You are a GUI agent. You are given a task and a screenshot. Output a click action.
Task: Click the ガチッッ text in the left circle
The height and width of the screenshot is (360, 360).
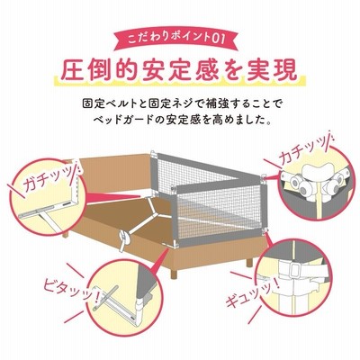pos(48,181)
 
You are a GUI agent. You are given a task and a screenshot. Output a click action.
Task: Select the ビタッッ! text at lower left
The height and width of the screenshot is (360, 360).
pos(71,289)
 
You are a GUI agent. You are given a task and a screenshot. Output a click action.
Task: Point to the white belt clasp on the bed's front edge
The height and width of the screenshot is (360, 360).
pos(124,238)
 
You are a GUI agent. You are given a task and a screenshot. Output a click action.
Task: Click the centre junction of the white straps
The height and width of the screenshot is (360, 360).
pos(156,213)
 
